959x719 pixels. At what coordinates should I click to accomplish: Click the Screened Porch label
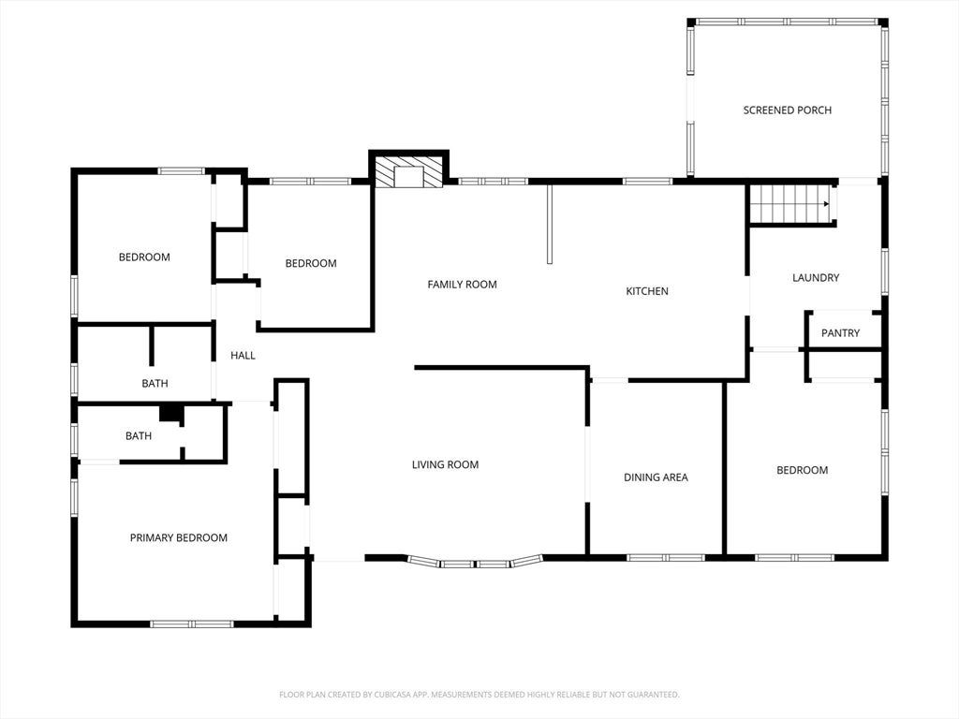(x=787, y=110)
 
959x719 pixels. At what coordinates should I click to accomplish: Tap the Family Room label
(x=462, y=285)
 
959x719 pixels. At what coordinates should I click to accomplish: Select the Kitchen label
(x=647, y=291)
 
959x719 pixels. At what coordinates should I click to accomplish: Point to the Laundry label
(x=816, y=277)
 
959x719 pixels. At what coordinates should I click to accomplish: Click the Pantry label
(x=840, y=333)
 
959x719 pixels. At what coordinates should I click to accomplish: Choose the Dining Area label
(x=656, y=477)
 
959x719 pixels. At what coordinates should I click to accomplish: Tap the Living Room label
(x=445, y=464)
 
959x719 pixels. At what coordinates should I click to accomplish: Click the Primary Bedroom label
(x=179, y=538)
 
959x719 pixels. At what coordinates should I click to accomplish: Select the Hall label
(x=243, y=355)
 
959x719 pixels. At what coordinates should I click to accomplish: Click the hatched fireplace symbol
(x=408, y=172)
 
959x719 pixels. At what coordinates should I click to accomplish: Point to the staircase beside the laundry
(x=789, y=203)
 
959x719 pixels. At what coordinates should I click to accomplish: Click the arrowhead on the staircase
(x=826, y=203)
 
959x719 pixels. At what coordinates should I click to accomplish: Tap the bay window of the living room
(x=475, y=563)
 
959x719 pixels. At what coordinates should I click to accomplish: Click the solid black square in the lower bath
(x=170, y=413)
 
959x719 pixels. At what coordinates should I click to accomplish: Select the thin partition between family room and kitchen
(x=549, y=224)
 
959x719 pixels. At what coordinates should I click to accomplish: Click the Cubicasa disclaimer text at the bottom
(x=479, y=695)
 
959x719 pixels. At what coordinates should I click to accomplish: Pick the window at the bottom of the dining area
(x=666, y=558)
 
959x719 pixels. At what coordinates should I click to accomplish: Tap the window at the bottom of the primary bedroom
(x=192, y=624)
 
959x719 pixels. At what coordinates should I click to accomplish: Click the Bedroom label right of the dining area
(x=802, y=470)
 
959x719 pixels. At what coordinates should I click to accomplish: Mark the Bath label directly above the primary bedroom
(x=139, y=436)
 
